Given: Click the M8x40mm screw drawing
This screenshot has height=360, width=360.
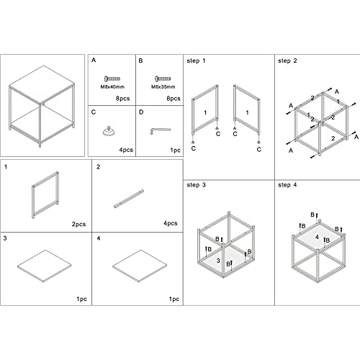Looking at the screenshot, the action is pos(112,78).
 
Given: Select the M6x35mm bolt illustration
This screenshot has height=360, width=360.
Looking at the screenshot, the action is pos(163,78).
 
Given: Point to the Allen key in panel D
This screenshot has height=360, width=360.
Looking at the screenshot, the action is pos(161,131).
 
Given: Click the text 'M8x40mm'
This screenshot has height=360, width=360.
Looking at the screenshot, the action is pos(112,86).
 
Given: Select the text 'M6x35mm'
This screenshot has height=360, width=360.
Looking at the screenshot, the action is pos(163,86).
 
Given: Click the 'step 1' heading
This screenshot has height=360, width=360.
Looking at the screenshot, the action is pos(196,60).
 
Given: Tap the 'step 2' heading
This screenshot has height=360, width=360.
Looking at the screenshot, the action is pos(287,60).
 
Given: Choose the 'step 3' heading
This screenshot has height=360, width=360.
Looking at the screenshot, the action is pos(196,185).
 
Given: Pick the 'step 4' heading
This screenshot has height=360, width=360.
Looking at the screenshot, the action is pos(287,185).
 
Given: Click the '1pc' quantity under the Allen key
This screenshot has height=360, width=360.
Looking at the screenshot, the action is pos(176,150).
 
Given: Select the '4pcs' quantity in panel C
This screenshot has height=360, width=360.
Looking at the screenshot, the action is pos(126,150).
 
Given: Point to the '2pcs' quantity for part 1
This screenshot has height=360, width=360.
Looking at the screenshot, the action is pos(78,224).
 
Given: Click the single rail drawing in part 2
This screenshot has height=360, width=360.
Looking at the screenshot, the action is pos(129,199).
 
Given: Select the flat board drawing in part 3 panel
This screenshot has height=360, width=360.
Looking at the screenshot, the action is pos(45,266).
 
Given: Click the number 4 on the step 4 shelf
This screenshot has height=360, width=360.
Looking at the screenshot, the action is pos(317,237).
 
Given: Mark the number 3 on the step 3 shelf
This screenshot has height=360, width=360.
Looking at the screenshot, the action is pos(218,261).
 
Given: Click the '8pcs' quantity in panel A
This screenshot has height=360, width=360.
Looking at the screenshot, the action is pos(123,99).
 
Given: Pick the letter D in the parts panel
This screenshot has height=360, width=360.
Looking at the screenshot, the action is pos(141,112).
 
